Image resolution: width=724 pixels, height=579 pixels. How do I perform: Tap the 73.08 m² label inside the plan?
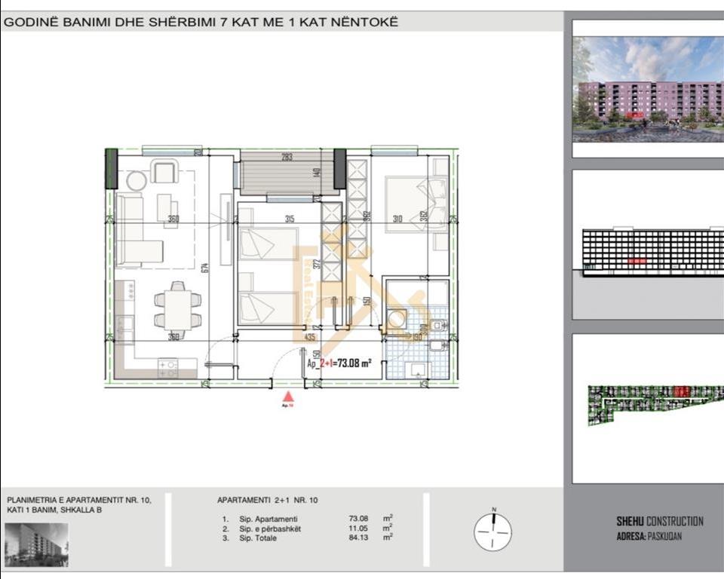pyautogui.click(x=354, y=363)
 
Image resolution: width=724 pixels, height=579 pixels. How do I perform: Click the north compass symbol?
pyautogui.click(x=492, y=530)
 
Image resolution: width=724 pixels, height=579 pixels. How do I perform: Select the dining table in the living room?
pyautogui.click(x=178, y=308)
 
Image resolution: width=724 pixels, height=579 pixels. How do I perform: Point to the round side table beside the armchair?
pyautogui.click(x=137, y=181)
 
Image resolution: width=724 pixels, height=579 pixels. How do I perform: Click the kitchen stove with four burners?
pyautogui.click(x=167, y=369)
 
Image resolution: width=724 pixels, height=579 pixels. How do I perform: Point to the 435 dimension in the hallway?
pyautogui.click(x=309, y=338)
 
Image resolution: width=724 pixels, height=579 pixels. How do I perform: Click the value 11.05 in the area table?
pyautogui.click(x=358, y=528)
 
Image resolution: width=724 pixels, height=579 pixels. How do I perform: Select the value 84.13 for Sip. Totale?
pyautogui.click(x=358, y=538)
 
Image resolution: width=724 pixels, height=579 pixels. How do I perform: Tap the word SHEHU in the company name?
pyautogui.click(x=631, y=521)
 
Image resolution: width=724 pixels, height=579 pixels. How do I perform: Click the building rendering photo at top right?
pyautogui.click(x=648, y=89)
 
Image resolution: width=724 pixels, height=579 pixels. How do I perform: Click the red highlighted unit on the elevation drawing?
pyautogui.click(x=637, y=260)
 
